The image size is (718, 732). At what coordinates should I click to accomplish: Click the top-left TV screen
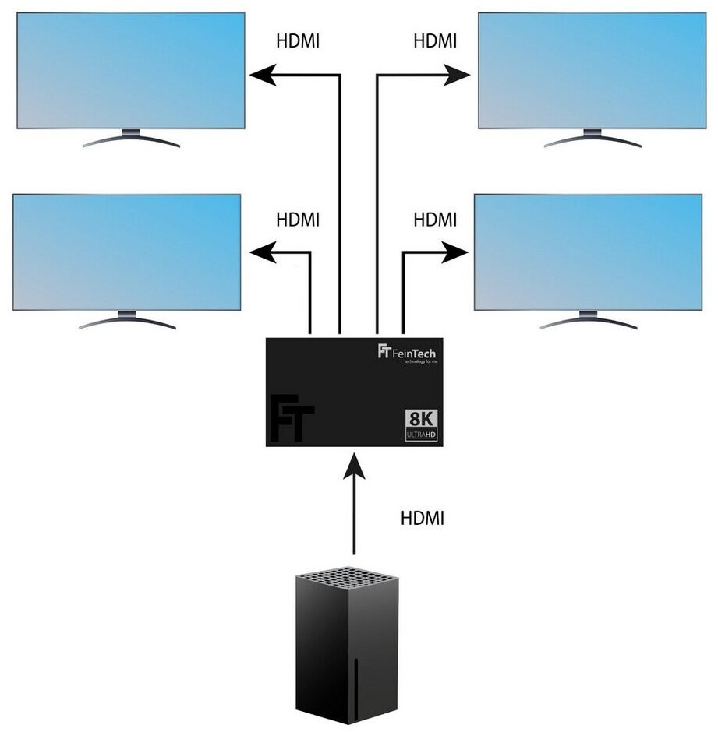point(131,70)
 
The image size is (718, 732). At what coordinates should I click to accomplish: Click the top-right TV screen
point(592,70)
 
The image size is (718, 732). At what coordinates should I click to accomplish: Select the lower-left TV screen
point(126,252)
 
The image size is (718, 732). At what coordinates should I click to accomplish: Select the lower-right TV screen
point(588,252)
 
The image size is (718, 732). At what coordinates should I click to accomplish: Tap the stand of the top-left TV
point(131,139)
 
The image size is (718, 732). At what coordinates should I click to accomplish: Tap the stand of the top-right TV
point(592,139)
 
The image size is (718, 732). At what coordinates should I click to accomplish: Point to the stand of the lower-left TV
point(126,320)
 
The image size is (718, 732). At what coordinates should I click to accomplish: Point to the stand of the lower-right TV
point(588,320)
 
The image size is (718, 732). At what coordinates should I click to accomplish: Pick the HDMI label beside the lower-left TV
point(299,220)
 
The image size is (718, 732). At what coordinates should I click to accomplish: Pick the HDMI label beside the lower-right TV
point(435,220)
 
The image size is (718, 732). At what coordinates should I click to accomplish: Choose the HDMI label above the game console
point(422,518)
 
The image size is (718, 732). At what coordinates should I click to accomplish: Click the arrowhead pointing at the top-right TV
point(458,75)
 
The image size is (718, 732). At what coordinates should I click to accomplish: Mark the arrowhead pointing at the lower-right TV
point(454,252)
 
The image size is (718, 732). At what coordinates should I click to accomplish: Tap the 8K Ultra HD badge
point(421,426)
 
